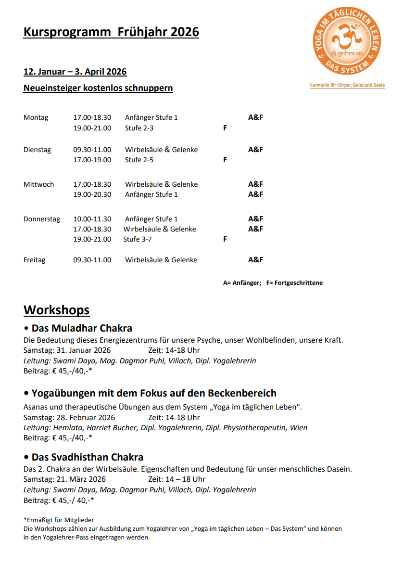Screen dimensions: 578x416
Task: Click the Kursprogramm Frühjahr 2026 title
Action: click(x=111, y=32)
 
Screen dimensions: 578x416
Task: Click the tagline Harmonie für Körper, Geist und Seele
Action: click(x=347, y=86)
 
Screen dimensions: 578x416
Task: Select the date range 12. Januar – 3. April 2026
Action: click(x=75, y=72)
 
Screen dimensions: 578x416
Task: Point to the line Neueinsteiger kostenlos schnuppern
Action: click(x=98, y=88)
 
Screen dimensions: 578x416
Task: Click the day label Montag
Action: click(x=36, y=118)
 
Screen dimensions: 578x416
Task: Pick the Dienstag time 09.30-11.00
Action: click(x=92, y=150)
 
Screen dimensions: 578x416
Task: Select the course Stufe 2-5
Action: click(x=139, y=160)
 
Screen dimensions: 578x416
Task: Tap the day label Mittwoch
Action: click(x=38, y=184)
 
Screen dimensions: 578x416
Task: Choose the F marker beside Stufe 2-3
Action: click(x=225, y=128)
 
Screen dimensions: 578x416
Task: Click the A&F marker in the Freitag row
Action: click(x=255, y=260)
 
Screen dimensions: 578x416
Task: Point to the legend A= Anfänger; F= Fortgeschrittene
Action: click(x=273, y=283)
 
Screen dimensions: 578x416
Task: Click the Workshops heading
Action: click(x=57, y=310)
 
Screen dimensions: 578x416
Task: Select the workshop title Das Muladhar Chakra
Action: click(x=81, y=329)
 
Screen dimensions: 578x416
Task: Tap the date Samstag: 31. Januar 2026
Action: click(x=67, y=350)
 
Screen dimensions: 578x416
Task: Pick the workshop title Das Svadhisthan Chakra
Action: click(x=87, y=457)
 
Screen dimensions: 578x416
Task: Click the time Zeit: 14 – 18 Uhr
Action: click(x=176, y=479)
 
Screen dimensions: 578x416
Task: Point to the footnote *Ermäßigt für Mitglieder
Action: click(x=59, y=520)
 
